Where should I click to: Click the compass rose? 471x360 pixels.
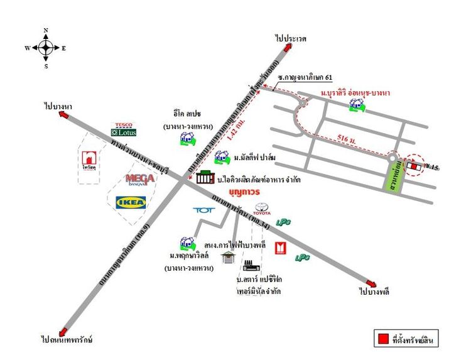click(46, 48)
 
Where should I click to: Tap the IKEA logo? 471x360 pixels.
click(131, 202)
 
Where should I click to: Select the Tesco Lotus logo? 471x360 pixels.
click(123, 129)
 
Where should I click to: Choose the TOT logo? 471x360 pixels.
click(204, 210)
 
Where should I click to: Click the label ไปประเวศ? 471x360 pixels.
click(290, 38)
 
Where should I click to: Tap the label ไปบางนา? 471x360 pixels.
click(58, 107)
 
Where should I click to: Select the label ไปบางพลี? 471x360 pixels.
click(376, 293)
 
